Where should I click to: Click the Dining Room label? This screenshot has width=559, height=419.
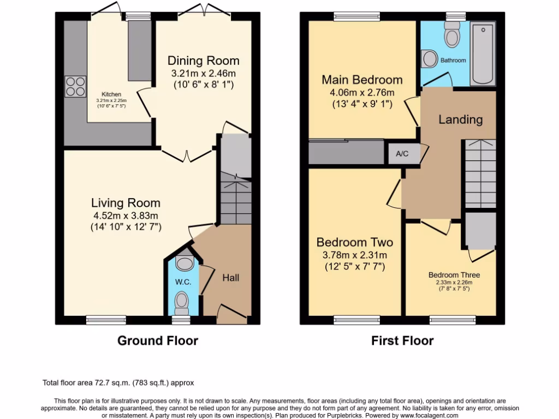(203, 61)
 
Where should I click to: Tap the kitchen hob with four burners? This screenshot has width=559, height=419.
(75, 85)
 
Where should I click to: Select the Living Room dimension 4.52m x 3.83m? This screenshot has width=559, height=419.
(126, 215)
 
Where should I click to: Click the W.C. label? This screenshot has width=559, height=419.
(182, 282)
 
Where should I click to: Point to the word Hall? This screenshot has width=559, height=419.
(230, 278)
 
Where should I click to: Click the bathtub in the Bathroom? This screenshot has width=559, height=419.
(483, 53)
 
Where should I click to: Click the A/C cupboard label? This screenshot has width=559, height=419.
(402, 154)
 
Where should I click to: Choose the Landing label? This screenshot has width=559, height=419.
(461, 119)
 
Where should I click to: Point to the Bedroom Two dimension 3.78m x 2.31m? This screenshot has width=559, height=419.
(354, 255)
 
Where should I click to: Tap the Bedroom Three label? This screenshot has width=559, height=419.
(454, 275)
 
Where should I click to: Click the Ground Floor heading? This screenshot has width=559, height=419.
(158, 341)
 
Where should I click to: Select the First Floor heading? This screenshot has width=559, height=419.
(402, 341)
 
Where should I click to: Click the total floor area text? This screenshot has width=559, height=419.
(118, 383)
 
